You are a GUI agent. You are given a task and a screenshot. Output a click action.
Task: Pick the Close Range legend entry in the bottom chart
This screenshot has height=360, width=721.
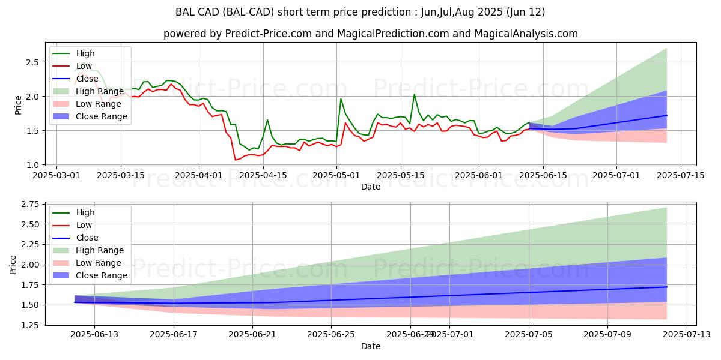tap(103, 275)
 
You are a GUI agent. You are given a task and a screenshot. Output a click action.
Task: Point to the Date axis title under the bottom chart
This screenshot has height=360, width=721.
tap(371, 346)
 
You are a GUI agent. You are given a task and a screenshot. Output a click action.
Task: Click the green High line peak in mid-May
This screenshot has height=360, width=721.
tap(414, 94)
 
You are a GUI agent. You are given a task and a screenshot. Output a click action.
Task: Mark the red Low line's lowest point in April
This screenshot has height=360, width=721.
tap(236, 160)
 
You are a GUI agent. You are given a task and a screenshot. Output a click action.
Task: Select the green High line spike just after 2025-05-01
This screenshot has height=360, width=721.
tap(341, 99)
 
